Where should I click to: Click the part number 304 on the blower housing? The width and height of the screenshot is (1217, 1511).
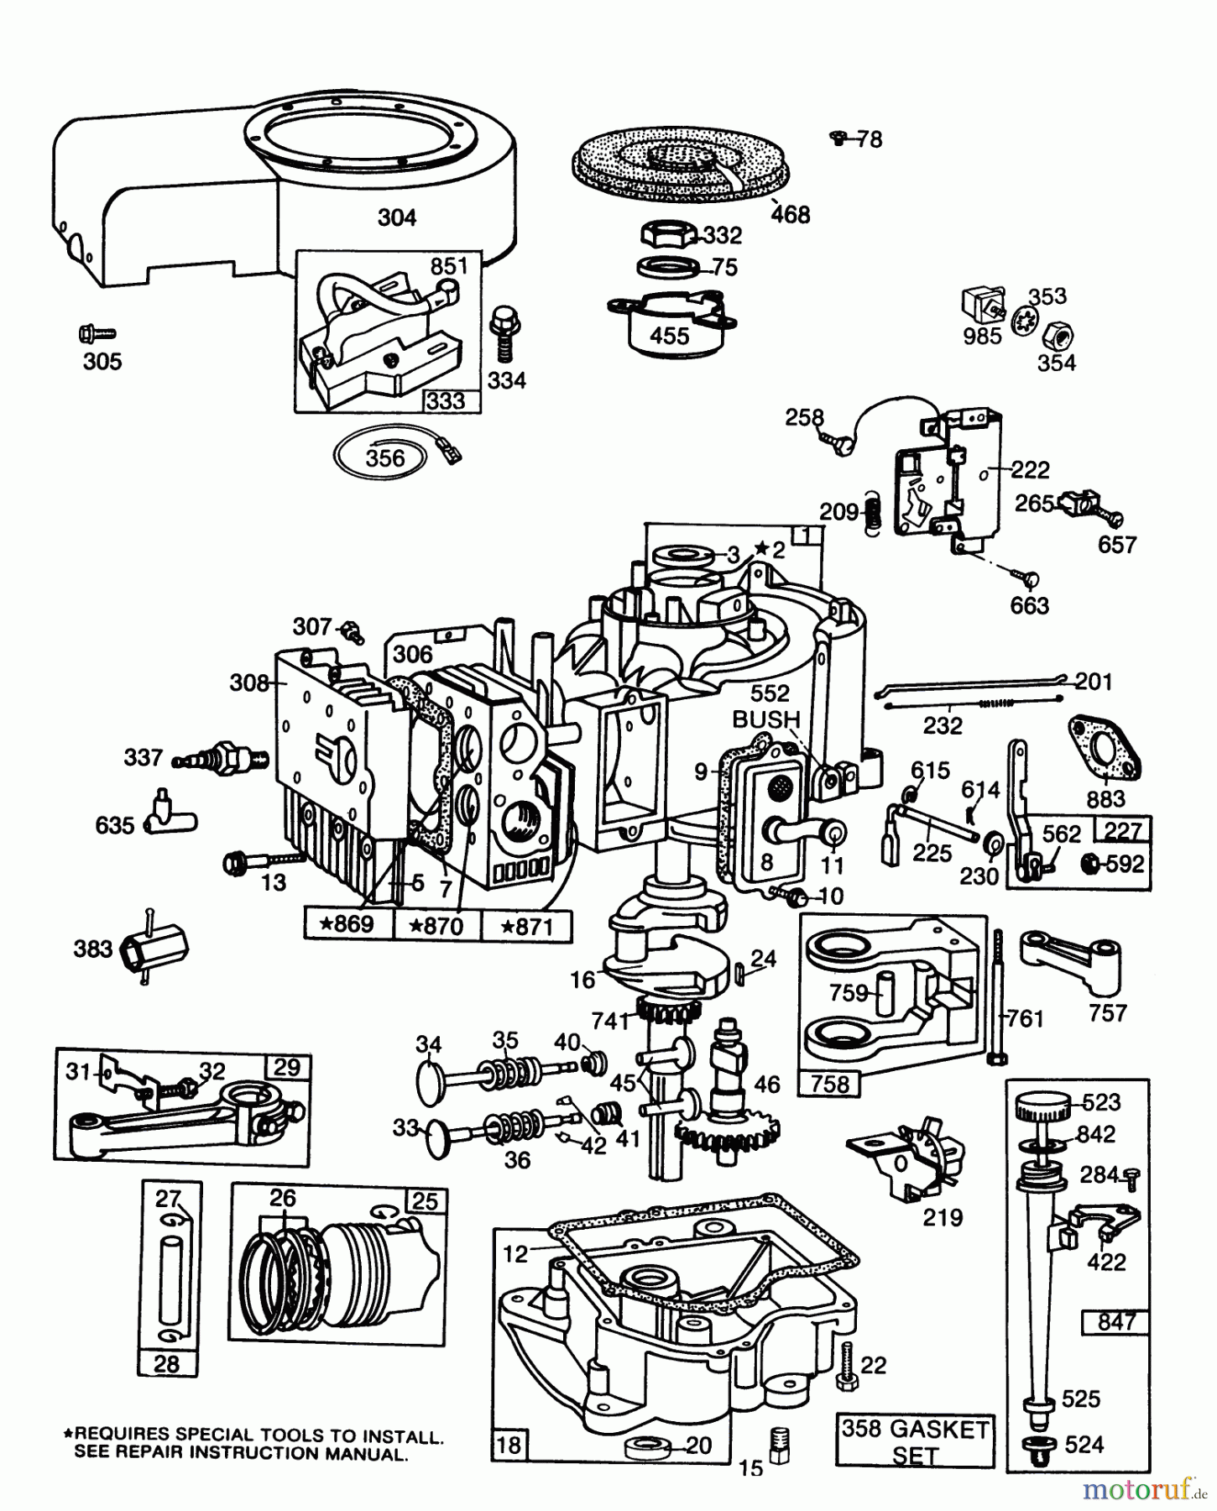tap(397, 217)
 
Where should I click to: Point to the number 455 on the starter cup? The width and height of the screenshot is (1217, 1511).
tap(669, 336)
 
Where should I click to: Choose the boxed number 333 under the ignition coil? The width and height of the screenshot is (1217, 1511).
tap(445, 400)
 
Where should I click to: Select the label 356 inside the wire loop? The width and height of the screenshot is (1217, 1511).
tap(385, 457)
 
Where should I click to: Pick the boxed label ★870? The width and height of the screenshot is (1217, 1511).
tap(436, 927)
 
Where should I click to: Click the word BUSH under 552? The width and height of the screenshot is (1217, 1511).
tap(765, 719)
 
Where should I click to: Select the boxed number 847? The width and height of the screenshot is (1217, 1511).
tap(1116, 1321)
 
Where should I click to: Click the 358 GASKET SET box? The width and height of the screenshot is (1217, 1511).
tap(916, 1440)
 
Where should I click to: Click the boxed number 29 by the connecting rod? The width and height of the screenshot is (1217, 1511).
tap(287, 1067)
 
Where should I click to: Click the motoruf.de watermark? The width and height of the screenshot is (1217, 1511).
tap(1145, 1490)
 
